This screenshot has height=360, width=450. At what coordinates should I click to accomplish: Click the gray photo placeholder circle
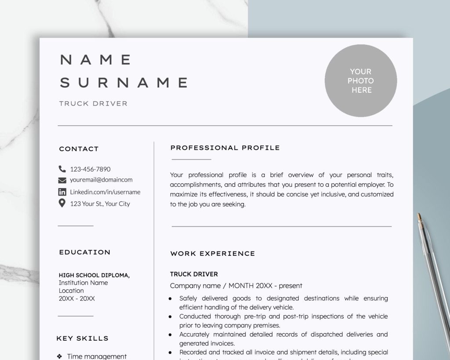point(361,81)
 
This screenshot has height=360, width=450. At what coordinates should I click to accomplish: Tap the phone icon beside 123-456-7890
point(62,169)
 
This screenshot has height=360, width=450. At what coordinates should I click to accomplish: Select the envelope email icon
point(62,180)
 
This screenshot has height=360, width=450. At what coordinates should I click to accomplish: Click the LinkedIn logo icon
point(62,192)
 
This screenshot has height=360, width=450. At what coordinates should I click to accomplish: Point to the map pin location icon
point(62,203)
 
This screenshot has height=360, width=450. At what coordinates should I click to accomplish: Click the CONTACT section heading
point(79,149)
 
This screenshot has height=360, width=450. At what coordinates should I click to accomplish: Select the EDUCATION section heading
point(85,252)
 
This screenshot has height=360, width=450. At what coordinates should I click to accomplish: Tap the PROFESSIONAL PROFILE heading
point(225,148)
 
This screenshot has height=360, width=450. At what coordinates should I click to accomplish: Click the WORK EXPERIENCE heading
point(212,254)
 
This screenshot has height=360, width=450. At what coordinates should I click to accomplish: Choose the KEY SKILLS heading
point(82,338)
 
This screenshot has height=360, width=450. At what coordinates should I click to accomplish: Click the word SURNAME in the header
point(124,82)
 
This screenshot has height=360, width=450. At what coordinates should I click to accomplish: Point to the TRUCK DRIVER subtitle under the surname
point(93,104)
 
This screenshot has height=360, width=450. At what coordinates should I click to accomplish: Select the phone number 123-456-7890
point(90,169)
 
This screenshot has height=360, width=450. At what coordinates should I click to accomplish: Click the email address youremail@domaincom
point(101,180)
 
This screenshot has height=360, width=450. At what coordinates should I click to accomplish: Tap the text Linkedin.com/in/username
point(105,192)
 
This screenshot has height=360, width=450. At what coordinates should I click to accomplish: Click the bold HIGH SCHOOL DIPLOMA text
point(94,275)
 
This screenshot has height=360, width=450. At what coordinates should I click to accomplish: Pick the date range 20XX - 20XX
point(76,298)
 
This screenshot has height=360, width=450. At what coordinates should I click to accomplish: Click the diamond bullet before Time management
point(60,356)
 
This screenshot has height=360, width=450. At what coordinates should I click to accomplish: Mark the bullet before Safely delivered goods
point(170,298)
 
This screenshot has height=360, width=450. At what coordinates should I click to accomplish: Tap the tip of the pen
point(419,215)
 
